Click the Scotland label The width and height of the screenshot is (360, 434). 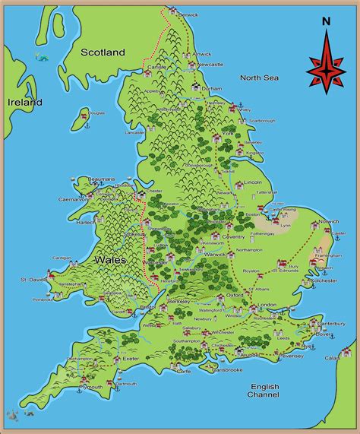[103, 52]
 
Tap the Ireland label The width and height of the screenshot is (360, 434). [24, 102]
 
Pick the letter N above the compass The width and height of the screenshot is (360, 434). [326, 21]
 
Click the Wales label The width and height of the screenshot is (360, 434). [110, 259]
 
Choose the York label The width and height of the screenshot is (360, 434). [227, 134]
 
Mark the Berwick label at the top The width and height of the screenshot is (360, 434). [188, 14]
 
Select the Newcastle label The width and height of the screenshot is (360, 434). [210, 65]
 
